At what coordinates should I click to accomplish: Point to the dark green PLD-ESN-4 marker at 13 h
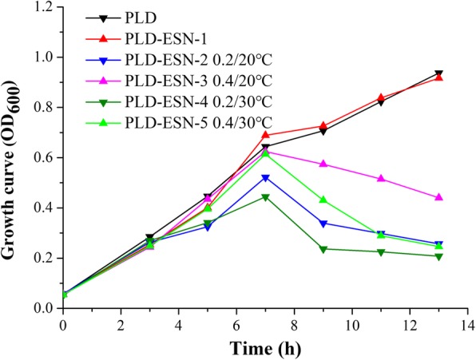pos(438,256)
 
